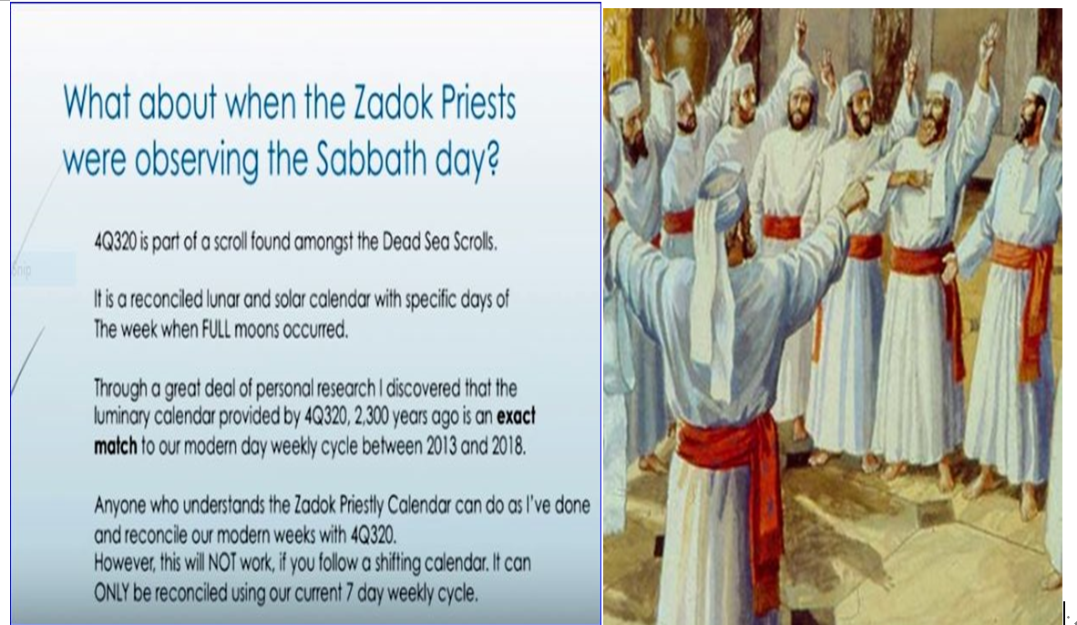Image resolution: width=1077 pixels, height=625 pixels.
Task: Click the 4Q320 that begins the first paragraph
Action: [116, 242]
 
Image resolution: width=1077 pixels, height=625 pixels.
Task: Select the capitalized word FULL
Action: [216, 330]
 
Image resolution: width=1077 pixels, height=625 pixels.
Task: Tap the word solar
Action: [291, 300]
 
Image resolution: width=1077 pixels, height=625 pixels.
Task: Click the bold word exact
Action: [516, 417]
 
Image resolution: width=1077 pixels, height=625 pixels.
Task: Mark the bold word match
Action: [116, 446]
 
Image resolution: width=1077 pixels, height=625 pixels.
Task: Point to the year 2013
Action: [441, 446]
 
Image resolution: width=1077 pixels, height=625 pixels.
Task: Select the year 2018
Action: [508, 446]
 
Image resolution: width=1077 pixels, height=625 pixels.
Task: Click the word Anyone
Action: [119, 506]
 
